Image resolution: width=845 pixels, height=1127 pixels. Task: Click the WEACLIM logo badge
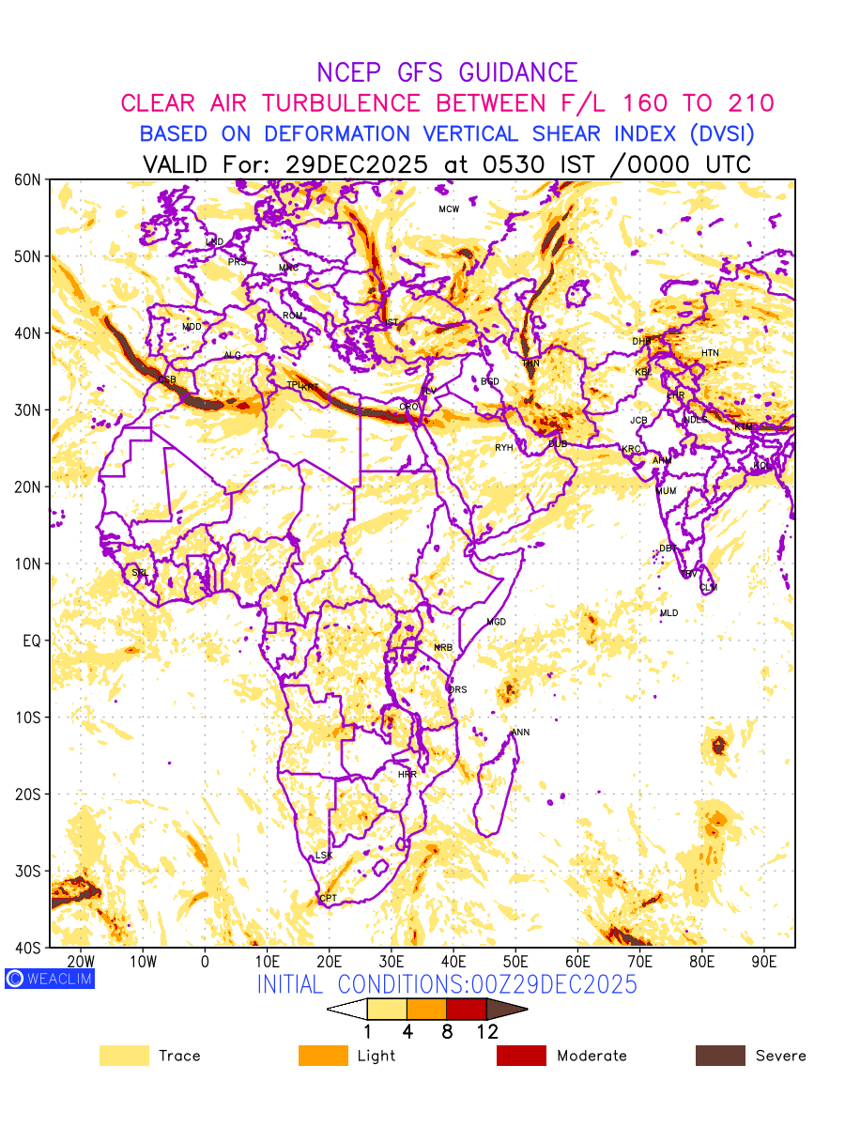[x=49, y=979]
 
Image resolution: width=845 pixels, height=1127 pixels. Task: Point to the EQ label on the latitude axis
[x=33, y=641]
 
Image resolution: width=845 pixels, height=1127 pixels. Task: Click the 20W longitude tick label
[x=82, y=962]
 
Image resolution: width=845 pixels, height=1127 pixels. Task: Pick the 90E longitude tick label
[x=764, y=962]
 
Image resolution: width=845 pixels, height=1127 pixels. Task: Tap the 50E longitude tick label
[x=515, y=962]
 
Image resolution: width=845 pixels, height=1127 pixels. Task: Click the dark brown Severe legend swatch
[x=720, y=1056]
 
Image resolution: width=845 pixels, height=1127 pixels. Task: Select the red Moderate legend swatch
[x=521, y=1056]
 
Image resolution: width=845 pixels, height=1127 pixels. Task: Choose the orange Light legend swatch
[x=323, y=1056]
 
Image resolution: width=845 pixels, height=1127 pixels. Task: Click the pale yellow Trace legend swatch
[x=124, y=1056]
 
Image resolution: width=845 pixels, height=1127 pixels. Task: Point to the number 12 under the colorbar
[x=486, y=1032]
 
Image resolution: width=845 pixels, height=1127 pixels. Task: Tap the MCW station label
[x=449, y=209]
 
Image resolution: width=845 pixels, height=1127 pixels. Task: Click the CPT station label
[x=329, y=899]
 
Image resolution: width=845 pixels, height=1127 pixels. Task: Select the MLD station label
[x=668, y=613]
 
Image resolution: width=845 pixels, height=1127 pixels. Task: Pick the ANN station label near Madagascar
[x=520, y=733]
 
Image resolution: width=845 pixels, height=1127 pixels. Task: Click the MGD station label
[x=496, y=623]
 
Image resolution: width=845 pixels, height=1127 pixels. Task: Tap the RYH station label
[x=504, y=448]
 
